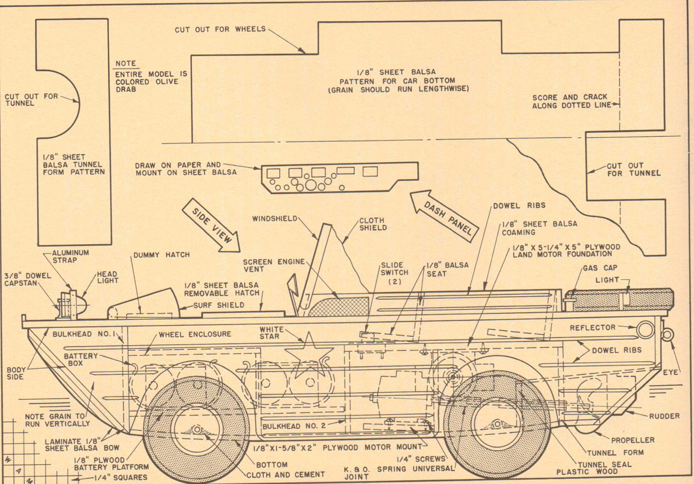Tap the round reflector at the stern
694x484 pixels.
(645, 330)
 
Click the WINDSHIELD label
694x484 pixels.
(274, 219)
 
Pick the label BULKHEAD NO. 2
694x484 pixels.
(294, 426)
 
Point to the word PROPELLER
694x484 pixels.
(633, 440)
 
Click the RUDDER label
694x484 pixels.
(664, 416)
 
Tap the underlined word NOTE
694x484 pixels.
(125, 63)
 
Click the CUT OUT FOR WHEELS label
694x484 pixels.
(220, 29)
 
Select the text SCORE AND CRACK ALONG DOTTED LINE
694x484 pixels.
(570, 101)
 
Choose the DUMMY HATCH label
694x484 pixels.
(161, 255)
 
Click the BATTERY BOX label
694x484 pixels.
(81, 359)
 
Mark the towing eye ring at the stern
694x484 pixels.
(667, 335)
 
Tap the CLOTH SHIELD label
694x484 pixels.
(373, 224)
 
